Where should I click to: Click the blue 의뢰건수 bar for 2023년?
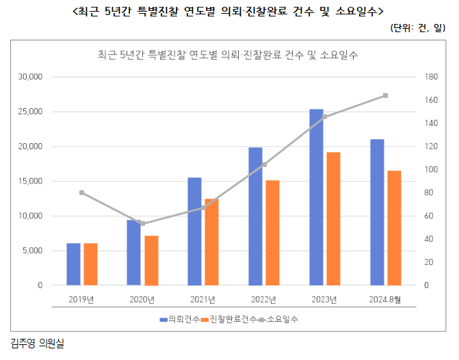316,197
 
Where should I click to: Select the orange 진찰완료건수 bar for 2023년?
333,218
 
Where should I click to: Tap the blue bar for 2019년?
73,264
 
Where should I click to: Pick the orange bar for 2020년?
151,260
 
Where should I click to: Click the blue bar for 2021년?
194,231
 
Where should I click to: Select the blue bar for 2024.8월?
377,212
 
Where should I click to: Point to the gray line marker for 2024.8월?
385,95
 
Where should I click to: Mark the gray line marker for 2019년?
82,192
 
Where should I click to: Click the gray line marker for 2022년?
264,165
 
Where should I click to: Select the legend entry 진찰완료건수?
232,320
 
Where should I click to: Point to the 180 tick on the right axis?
429,77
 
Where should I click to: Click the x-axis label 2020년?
142,299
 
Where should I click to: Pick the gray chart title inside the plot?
228,55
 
